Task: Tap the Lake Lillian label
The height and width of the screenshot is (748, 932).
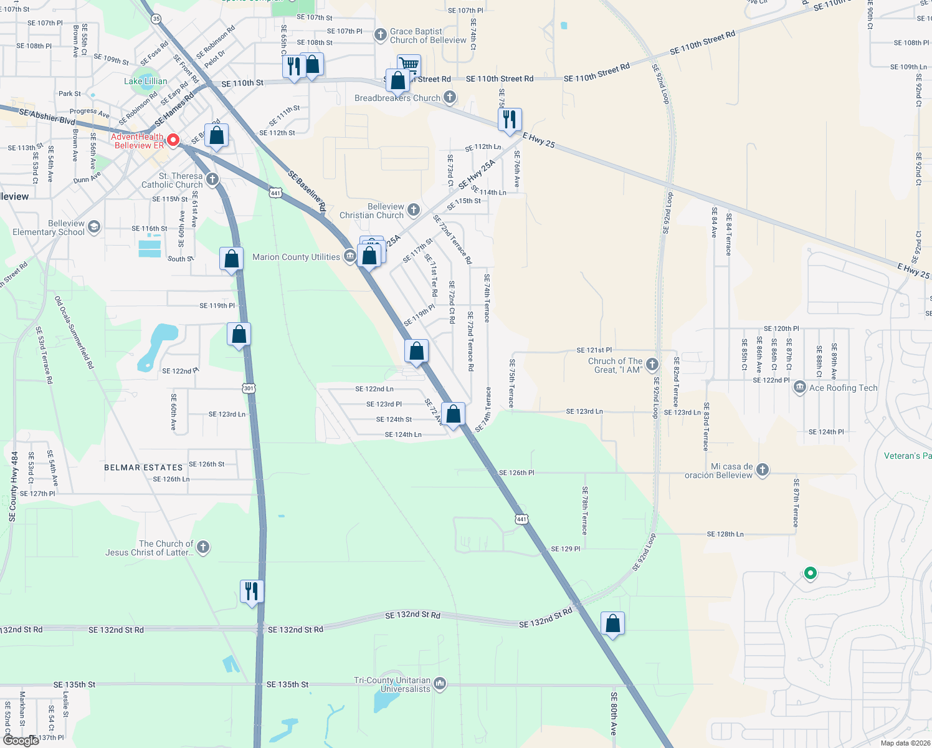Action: point(145,81)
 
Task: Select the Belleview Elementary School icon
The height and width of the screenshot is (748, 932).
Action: point(93,226)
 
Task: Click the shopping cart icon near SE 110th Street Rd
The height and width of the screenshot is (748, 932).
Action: point(409,65)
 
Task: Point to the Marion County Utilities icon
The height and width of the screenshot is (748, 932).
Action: point(351,256)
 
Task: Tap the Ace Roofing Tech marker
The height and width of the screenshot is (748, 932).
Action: point(799,388)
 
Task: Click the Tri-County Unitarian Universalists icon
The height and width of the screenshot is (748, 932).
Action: point(440,684)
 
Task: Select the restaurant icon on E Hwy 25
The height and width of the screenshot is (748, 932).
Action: point(510,120)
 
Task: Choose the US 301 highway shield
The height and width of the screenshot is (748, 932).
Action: point(249,388)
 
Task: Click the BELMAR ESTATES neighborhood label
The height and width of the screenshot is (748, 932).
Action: point(143,467)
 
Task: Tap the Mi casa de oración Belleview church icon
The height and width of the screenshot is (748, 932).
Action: point(763,470)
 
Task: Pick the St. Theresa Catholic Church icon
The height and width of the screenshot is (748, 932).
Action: point(212,180)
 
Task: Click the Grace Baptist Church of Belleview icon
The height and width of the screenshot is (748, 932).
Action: point(380,35)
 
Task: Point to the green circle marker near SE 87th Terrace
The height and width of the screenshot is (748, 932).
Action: point(810,572)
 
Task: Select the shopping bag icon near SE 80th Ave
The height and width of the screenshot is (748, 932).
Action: point(612,623)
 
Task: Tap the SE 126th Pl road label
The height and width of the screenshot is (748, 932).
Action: point(516,472)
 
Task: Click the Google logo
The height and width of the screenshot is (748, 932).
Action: point(21,740)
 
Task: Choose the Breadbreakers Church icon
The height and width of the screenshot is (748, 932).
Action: point(450,97)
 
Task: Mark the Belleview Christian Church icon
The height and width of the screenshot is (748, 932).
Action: point(413,210)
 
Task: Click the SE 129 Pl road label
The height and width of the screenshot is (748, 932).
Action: point(565,549)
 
